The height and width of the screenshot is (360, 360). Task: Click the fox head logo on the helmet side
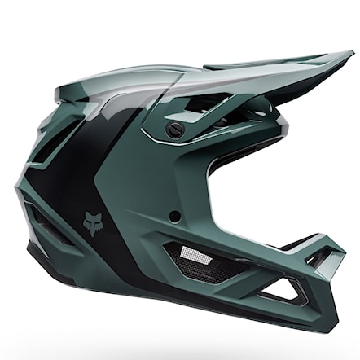(x=89, y=221)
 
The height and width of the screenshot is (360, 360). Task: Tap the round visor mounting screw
(x=172, y=128)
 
